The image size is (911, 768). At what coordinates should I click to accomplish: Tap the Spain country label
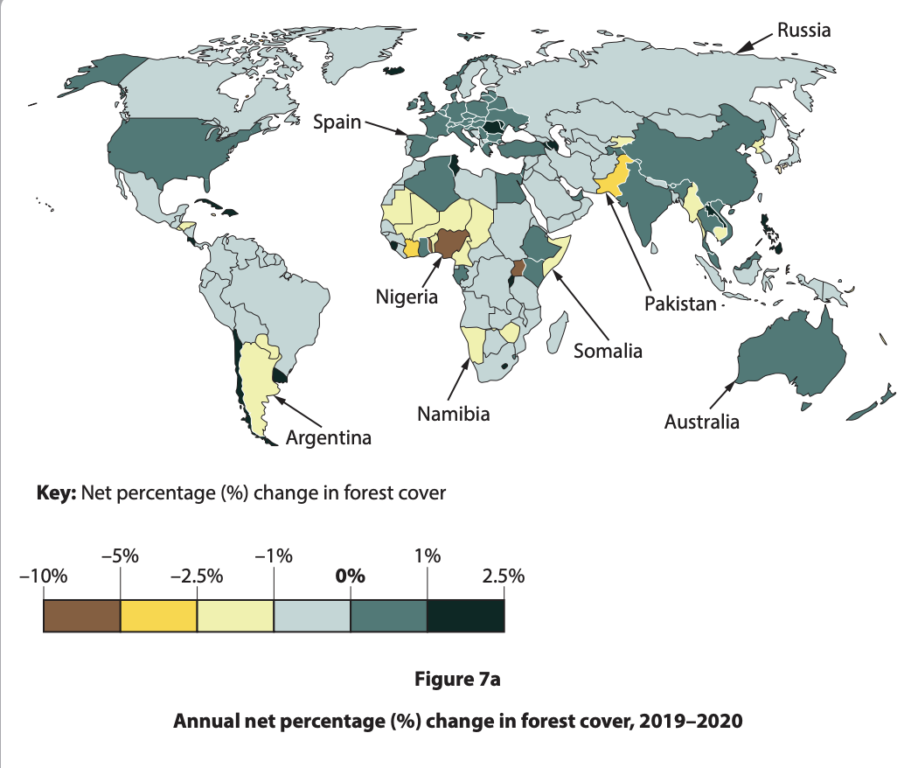[x=337, y=122]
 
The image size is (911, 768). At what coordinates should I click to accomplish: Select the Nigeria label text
[x=407, y=297]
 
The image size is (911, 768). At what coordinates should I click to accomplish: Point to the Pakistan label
[x=680, y=304]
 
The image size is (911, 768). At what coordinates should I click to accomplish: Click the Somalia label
[x=608, y=351]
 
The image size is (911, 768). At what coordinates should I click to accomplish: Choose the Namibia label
[x=453, y=414]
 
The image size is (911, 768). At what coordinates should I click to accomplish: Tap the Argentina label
[x=329, y=437]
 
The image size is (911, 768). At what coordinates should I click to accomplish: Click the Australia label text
[x=701, y=422]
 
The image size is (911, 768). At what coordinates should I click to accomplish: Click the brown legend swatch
[x=81, y=616]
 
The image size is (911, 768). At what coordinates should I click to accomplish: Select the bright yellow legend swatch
[x=158, y=616]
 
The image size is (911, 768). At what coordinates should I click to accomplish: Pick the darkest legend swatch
[x=465, y=616]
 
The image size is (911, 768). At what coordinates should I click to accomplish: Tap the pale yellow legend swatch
[x=235, y=616]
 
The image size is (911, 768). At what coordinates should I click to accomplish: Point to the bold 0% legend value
[x=351, y=576]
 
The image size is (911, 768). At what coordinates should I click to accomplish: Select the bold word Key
[x=57, y=492]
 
